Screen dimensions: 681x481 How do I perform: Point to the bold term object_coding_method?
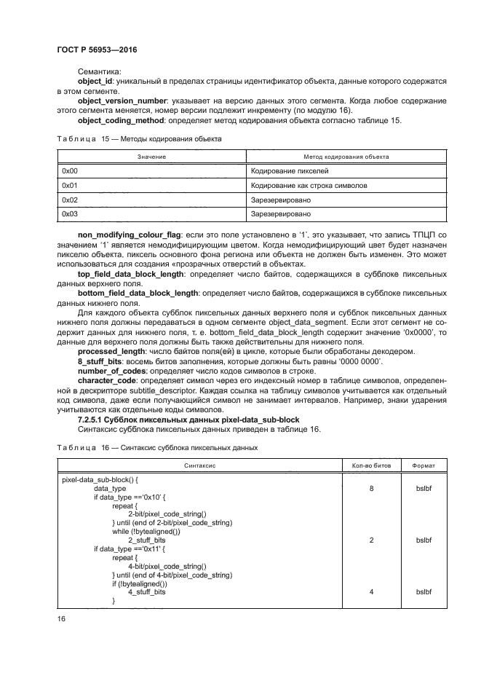tap(121, 119)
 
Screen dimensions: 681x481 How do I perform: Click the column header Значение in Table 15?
tap(152, 157)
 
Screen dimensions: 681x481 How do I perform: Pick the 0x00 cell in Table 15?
tap(70, 171)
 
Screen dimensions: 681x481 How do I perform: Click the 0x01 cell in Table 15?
tap(70, 186)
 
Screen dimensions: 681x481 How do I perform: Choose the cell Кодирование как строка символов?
tap(309, 186)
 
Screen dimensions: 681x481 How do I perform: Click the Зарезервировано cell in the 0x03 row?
tap(280, 214)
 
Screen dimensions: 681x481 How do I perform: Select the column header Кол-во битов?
tap(371, 464)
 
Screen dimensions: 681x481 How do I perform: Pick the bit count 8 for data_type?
tap(371, 489)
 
